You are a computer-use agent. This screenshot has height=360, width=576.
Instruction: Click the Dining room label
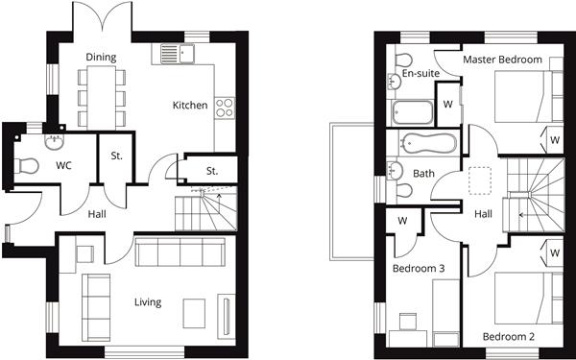point(101,58)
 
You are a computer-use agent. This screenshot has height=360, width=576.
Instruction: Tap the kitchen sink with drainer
point(178,54)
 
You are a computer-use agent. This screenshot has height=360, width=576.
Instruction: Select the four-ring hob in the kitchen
point(225,108)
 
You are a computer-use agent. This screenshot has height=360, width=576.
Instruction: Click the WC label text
point(63,166)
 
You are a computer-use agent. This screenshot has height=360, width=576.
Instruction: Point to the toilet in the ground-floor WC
point(26,166)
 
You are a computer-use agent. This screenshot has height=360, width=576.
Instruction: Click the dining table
point(102,98)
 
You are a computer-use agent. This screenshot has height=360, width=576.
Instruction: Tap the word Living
point(148,302)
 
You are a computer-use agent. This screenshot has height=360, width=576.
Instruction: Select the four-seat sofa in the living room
point(180,252)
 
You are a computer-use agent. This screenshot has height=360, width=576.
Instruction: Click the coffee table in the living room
point(194,313)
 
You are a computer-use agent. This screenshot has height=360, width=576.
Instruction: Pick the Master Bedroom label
point(502,60)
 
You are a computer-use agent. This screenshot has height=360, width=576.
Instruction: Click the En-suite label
point(421,74)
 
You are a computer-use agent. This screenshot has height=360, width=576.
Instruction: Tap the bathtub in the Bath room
point(428,143)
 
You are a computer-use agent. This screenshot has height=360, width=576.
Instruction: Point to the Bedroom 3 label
point(419,269)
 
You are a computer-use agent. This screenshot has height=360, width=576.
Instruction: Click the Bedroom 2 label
point(509,337)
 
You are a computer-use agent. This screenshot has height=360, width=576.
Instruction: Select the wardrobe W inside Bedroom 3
point(402,221)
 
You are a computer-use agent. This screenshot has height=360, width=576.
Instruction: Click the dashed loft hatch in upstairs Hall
point(480,180)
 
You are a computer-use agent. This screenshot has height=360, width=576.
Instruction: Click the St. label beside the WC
point(116,156)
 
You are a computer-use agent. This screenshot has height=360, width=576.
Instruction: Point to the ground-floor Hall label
point(97,214)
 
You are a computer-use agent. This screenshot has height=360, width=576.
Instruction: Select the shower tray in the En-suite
point(413,112)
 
